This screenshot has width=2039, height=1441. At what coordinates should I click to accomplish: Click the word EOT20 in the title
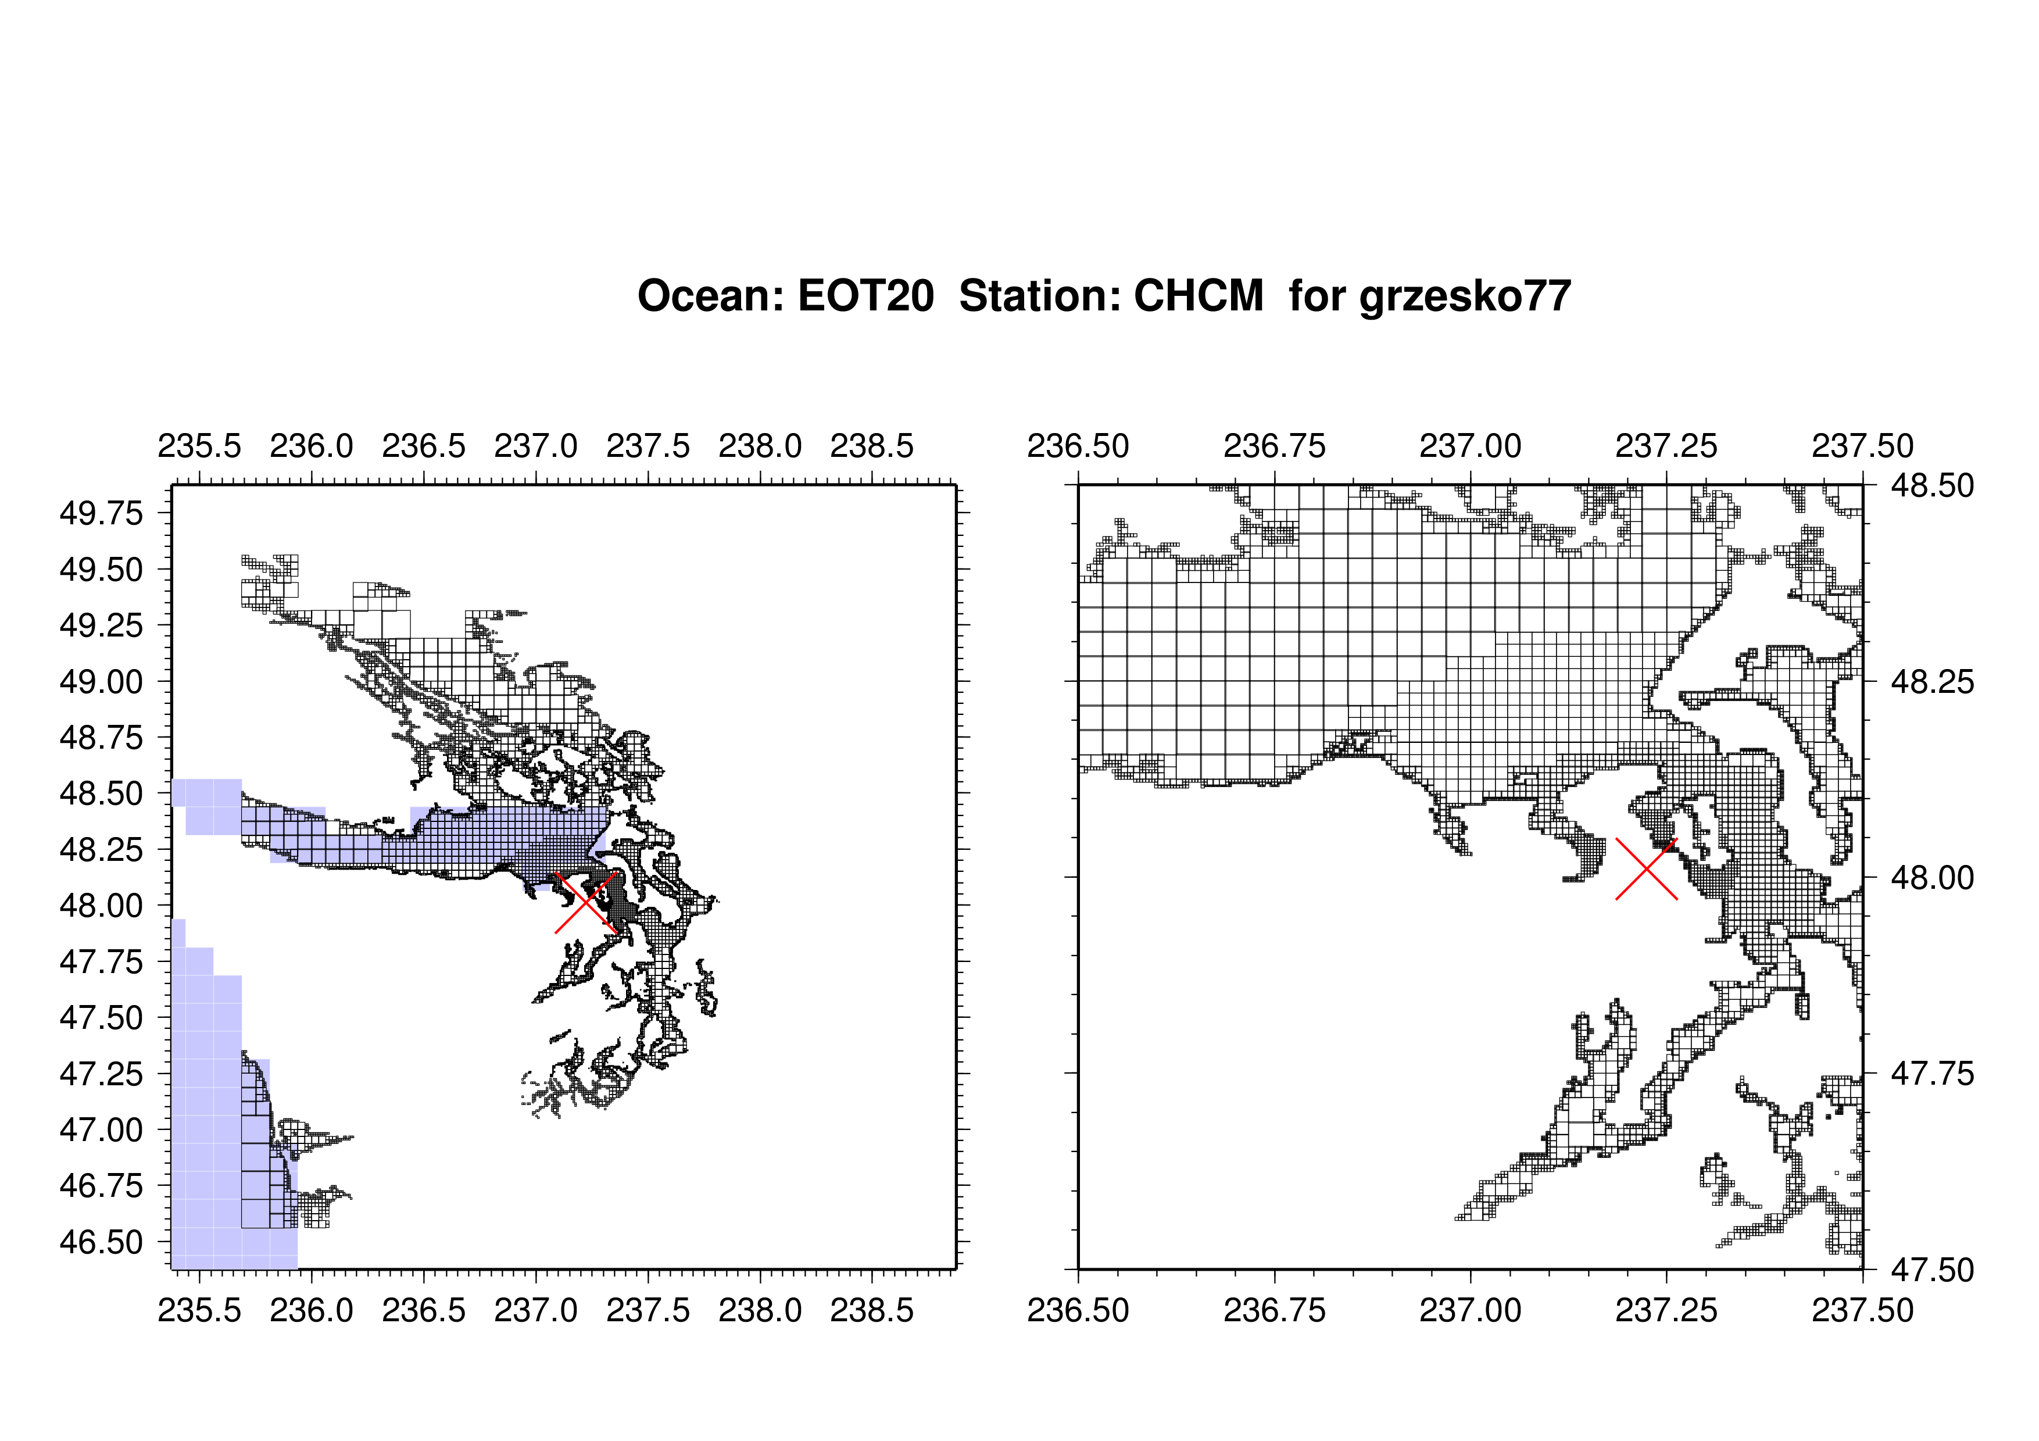[866, 296]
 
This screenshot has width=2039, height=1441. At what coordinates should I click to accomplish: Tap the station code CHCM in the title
[1199, 296]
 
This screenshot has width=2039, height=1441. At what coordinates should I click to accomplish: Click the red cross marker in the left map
[586, 902]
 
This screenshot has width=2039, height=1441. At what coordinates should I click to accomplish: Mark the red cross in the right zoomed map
[1647, 868]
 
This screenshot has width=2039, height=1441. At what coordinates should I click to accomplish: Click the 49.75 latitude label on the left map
[101, 513]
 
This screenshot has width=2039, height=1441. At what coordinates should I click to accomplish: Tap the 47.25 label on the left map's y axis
[101, 1074]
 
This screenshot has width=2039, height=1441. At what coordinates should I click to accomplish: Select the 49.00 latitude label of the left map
[101, 682]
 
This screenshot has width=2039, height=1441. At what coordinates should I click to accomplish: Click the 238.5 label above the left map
[872, 446]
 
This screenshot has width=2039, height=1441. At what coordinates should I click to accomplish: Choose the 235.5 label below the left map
[200, 1310]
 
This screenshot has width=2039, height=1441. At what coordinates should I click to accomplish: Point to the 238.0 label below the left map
[760, 1310]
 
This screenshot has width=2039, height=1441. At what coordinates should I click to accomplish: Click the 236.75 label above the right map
[1274, 446]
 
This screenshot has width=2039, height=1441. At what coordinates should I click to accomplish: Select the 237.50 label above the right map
[1863, 446]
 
